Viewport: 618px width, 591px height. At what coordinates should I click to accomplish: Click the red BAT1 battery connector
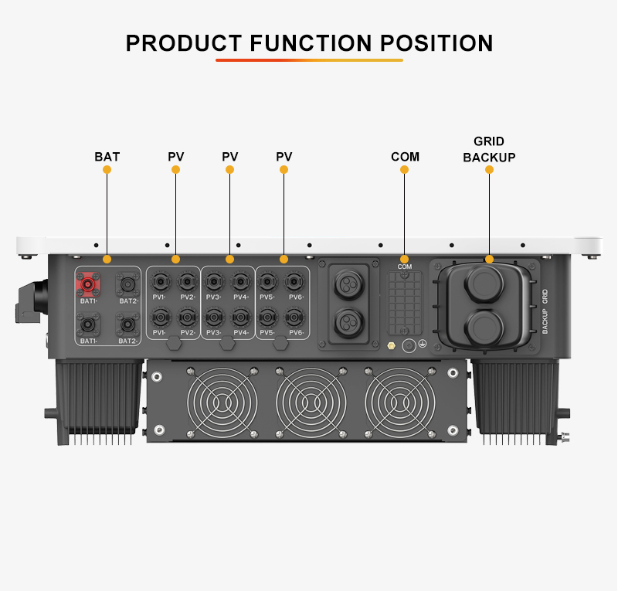point(87,284)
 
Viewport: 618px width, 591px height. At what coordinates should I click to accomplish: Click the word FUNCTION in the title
point(311,43)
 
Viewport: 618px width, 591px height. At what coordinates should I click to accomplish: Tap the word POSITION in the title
point(436,43)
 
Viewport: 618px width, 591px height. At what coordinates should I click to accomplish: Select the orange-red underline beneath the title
point(309,60)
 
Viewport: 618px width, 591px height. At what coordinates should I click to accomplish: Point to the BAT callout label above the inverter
point(107,157)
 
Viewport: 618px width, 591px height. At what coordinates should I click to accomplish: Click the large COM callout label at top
point(405,157)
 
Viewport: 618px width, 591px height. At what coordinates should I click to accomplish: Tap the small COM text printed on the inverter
point(404,267)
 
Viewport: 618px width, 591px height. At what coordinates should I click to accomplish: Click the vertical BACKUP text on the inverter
point(545,321)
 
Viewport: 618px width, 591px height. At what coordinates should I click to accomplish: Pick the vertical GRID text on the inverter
point(545,297)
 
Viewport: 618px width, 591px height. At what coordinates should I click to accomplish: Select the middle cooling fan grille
point(311,402)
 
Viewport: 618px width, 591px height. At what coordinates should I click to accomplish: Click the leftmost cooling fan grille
point(222,402)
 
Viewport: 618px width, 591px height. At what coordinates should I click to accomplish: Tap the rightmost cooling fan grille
point(400,402)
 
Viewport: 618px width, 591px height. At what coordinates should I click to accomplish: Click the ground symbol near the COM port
point(422,344)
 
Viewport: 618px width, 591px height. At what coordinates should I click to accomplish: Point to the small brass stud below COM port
point(391,346)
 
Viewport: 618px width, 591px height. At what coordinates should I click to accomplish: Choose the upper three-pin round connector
point(348,284)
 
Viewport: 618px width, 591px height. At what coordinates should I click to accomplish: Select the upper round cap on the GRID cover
point(484,284)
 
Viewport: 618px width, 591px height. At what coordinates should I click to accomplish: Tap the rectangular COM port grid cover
point(404,303)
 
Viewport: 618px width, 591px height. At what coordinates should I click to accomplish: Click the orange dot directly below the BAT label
point(107,169)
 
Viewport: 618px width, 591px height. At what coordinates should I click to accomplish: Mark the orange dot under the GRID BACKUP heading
point(489,169)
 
